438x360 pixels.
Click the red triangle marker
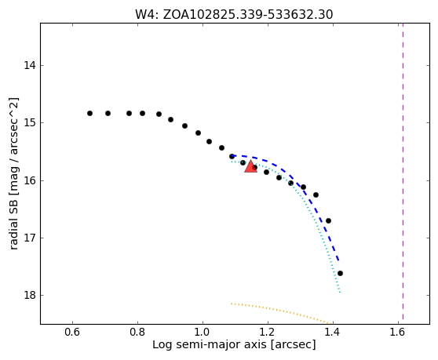(250, 166)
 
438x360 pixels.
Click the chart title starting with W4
(234, 15)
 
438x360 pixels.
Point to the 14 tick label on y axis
(30, 66)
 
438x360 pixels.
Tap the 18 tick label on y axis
(30, 295)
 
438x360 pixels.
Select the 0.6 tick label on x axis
(73, 332)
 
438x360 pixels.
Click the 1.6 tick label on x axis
(398, 332)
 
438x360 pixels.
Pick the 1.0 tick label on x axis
(203, 332)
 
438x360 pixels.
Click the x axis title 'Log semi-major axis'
(210, 345)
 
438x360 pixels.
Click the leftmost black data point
(89, 113)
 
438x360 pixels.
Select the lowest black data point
(340, 273)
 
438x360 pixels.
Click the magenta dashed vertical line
(403, 172)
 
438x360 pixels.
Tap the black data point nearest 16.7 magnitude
(328, 220)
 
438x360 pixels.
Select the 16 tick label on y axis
(30, 181)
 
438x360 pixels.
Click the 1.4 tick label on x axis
(334, 332)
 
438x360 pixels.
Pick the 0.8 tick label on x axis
(137, 332)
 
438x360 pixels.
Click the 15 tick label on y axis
(30, 123)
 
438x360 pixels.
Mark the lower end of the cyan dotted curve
(340, 293)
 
